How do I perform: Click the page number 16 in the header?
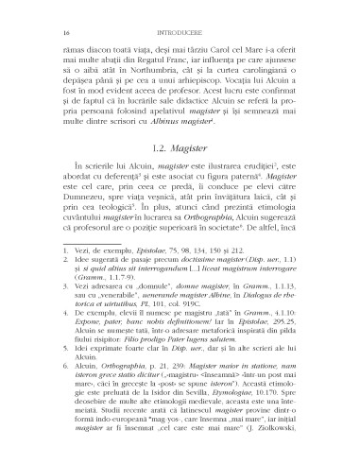click(x=43, y=16)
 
